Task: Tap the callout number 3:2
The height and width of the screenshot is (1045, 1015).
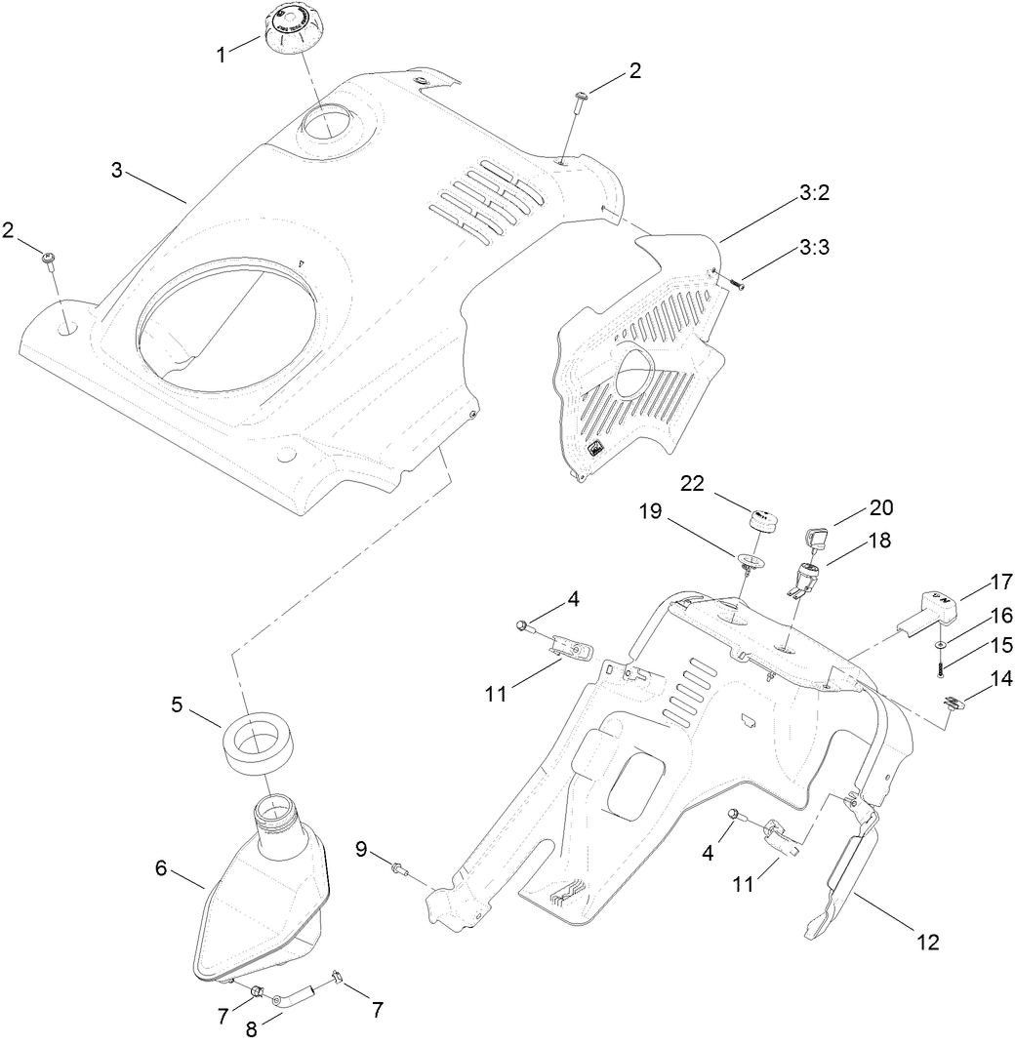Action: [x=814, y=195]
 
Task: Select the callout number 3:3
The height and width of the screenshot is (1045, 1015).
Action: [x=814, y=249]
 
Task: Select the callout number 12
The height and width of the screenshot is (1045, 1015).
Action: [x=926, y=942]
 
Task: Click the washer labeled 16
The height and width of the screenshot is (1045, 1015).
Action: [x=938, y=646]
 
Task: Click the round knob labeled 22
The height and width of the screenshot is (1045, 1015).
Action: [x=763, y=518]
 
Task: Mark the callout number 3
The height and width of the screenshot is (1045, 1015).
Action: [x=116, y=171]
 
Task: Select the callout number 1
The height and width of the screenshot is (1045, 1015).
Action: [x=223, y=53]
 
